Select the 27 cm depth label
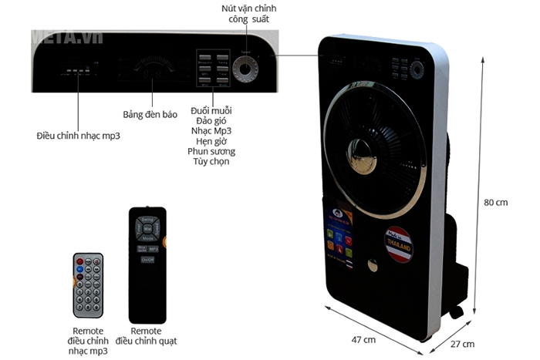462,344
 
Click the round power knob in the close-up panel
246,69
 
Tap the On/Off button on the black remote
147,261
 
